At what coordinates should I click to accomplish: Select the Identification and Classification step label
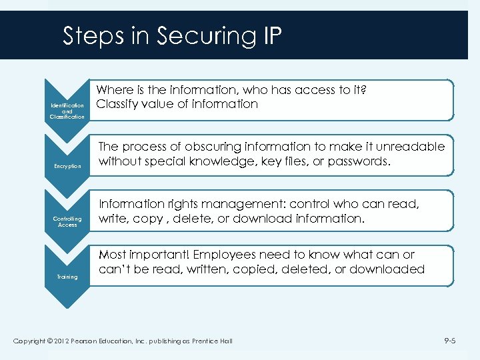pyautogui.click(x=67, y=111)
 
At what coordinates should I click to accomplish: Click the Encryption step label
pyautogui.click(x=67, y=166)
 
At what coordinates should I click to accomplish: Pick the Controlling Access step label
pyautogui.click(x=67, y=221)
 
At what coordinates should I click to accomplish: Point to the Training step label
pyautogui.click(x=67, y=277)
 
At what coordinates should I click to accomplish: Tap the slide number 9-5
pyautogui.click(x=450, y=341)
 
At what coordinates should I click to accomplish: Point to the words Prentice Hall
pyautogui.click(x=213, y=342)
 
